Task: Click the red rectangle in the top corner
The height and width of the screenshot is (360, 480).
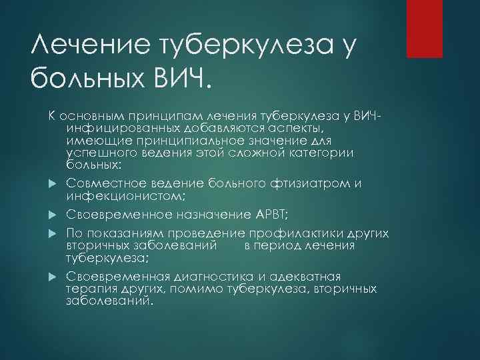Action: click(x=426, y=28)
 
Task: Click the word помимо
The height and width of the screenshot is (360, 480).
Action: click(x=183, y=288)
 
